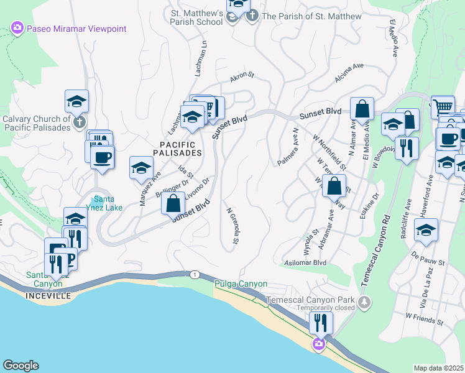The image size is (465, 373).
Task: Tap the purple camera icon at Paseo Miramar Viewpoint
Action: (17, 28)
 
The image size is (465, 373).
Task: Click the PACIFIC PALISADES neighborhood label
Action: (177, 148)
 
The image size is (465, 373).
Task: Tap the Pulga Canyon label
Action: (241, 284)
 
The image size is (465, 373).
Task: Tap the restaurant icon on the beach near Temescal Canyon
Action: (321, 322)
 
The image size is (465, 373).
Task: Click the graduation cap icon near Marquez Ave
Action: (141, 167)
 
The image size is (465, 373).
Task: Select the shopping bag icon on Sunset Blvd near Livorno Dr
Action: (174, 203)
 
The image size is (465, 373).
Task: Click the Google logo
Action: (21, 366)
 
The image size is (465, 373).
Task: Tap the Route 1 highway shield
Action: (195, 274)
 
